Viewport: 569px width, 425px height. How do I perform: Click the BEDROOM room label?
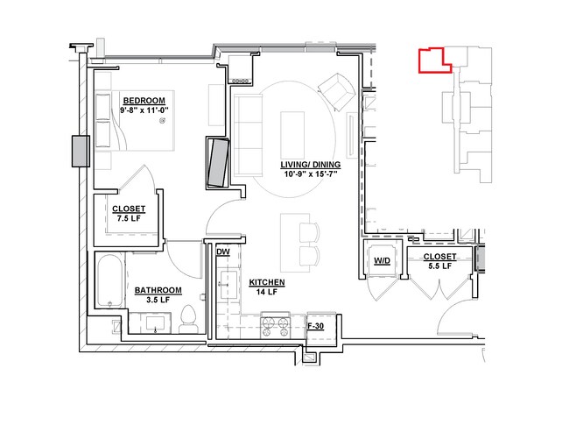click(x=144, y=101)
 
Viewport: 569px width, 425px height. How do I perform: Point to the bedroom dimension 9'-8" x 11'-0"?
click(x=144, y=110)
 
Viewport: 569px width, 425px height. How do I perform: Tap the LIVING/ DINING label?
click(x=311, y=165)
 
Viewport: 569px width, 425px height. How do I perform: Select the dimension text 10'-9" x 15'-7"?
click(x=311, y=174)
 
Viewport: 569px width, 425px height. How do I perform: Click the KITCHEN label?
click(x=267, y=282)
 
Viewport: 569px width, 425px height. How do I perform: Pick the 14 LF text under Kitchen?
click(x=267, y=292)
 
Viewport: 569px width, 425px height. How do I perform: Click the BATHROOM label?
click(x=158, y=290)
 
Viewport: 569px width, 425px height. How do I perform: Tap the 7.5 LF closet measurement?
click(x=129, y=218)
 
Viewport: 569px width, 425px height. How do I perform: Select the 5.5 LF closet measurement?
click(x=439, y=266)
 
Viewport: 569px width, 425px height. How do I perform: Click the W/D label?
click(x=383, y=261)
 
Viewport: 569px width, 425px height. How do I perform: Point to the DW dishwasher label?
click(x=223, y=251)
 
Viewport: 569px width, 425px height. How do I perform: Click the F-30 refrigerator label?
click(x=315, y=326)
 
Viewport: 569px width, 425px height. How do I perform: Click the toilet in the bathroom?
click(x=188, y=319)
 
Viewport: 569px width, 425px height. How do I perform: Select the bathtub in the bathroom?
click(x=110, y=280)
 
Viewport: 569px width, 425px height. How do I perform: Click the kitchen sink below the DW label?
click(x=228, y=285)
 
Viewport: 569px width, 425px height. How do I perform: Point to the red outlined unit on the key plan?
click(x=435, y=60)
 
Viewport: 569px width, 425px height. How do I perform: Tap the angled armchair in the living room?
click(x=336, y=92)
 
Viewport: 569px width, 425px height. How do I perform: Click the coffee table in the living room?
click(x=292, y=131)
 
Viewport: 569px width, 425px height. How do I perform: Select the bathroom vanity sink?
click(x=155, y=323)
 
